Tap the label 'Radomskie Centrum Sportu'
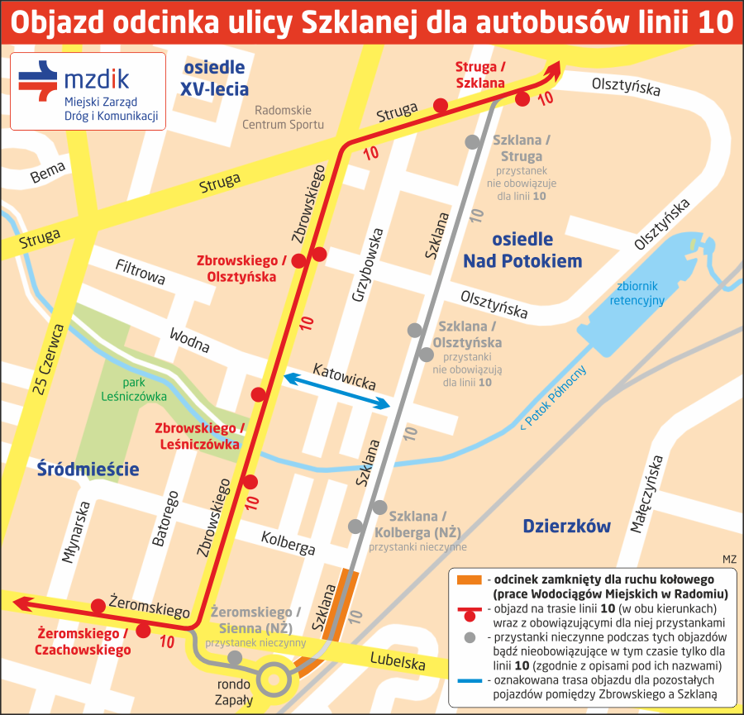pyautogui.click(x=283, y=117)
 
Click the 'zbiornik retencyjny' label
pyautogui.click(x=637, y=293)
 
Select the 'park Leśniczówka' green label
pyautogui.click(x=134, y=388)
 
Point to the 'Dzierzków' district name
pyautogui.click(x=566, y=526)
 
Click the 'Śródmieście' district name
pyautogui.click(x=88, y=470)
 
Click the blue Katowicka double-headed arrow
pyautogui.click(x=336, y=390)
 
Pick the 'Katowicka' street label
pyautogui.click(x=344, y=375)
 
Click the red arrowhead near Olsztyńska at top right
pyautogui.click(x=552, y=69)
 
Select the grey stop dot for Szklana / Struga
pyautogui.click(x=472, y=141)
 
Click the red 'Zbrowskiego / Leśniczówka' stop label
pyautogui.click(x=201, y=436)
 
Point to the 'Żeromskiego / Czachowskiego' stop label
pyautogui.click(x=83, y=641)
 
